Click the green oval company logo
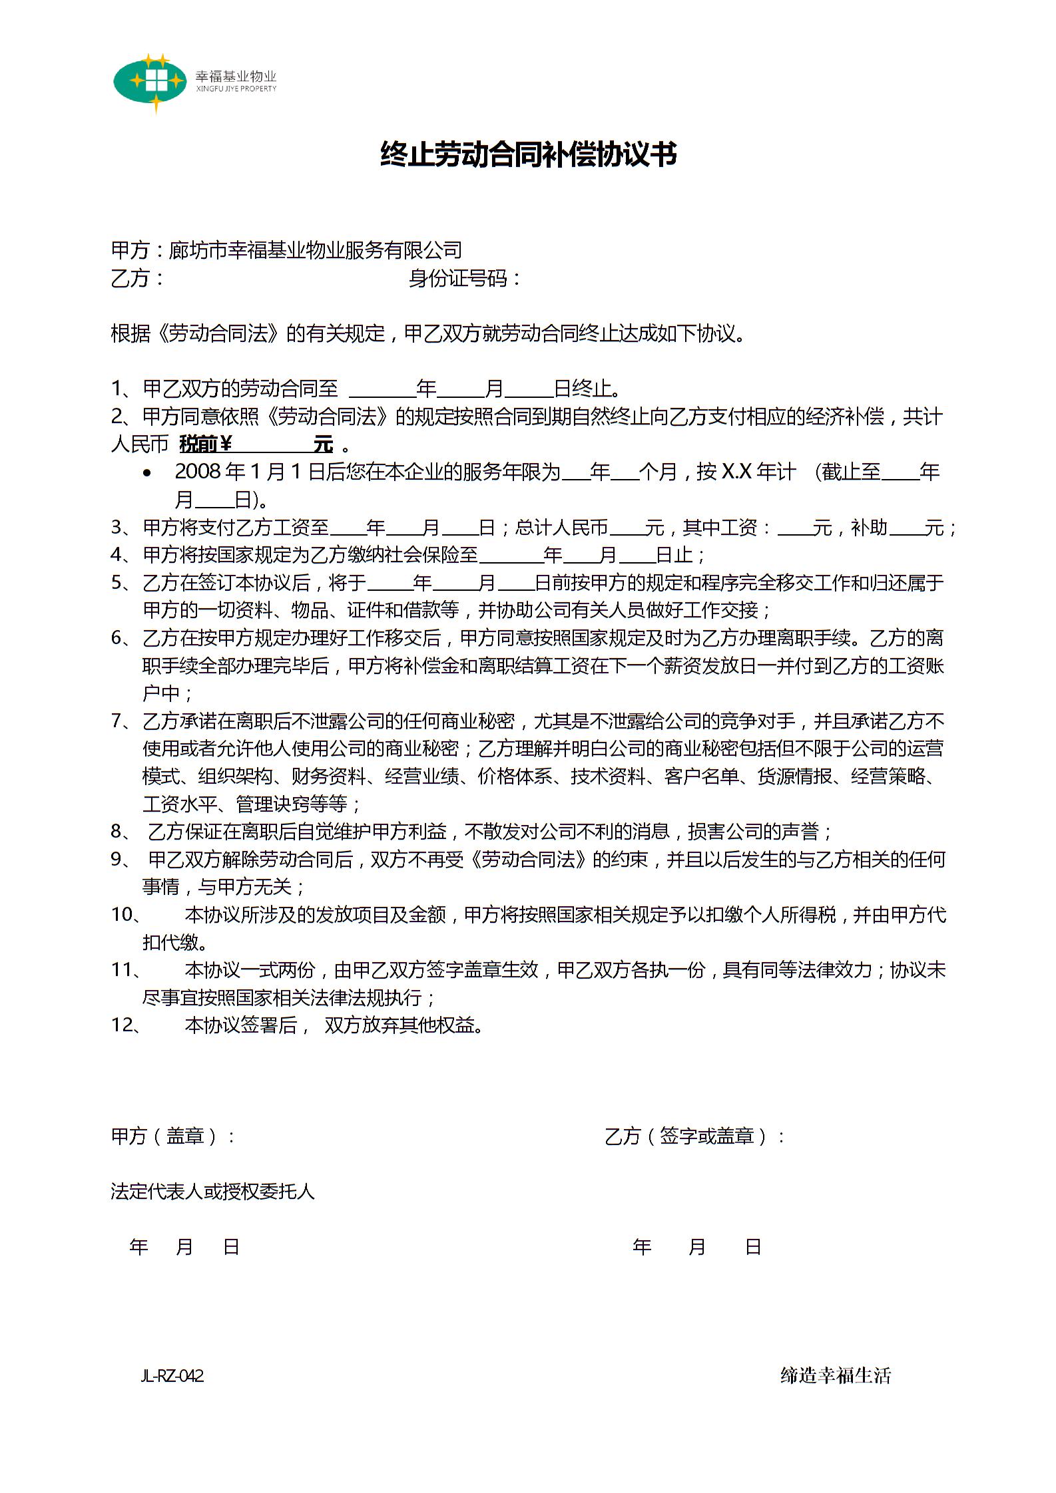click(x=150, y=82)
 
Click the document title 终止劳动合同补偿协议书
click(x=528, y=154)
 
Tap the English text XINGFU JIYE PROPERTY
click(x=236, y=89)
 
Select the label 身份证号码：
click(x=465, y=278)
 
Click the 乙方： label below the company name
click(x=137, y=278)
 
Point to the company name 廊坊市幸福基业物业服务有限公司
click(x=315, y=250)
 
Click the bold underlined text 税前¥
click(x=206, y=444)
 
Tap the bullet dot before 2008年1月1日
click(x=147, y=473)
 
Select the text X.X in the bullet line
click(x=736, y=472)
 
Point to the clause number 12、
click(x=126, y=1025)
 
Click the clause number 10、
click(x=126, y=915)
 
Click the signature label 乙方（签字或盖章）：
click(x=694, y=1136)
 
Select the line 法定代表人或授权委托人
click(x=212, y=1191)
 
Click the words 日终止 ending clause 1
click(x=583, y=389)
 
